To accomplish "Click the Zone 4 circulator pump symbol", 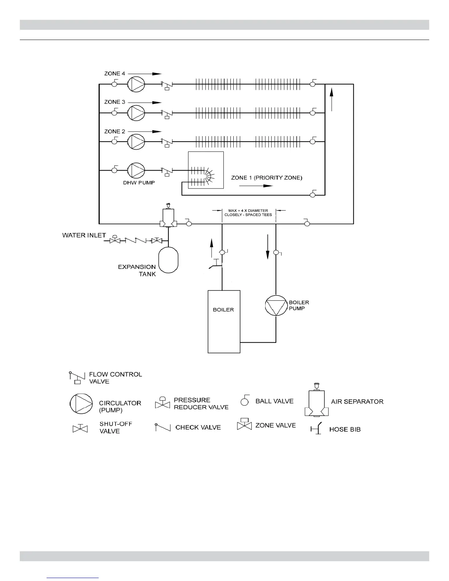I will point(136,84).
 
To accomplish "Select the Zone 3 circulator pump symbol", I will point(136,113).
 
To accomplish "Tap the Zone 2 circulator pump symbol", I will point(136,141).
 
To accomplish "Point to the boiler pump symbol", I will point(275,305).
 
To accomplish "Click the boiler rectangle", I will point(224,321).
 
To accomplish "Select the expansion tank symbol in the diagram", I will point(168,260).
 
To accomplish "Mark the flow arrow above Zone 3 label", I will point(145,102).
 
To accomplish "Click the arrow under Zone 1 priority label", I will point(256,186).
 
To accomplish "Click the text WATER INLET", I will point(84,235).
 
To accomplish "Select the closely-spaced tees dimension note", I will point(248,213).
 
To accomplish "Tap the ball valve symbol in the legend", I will point(245,401).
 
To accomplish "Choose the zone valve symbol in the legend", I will point(244,424).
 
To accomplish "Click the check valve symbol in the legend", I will point(163,427).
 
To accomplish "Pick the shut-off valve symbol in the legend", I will point(80,428).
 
